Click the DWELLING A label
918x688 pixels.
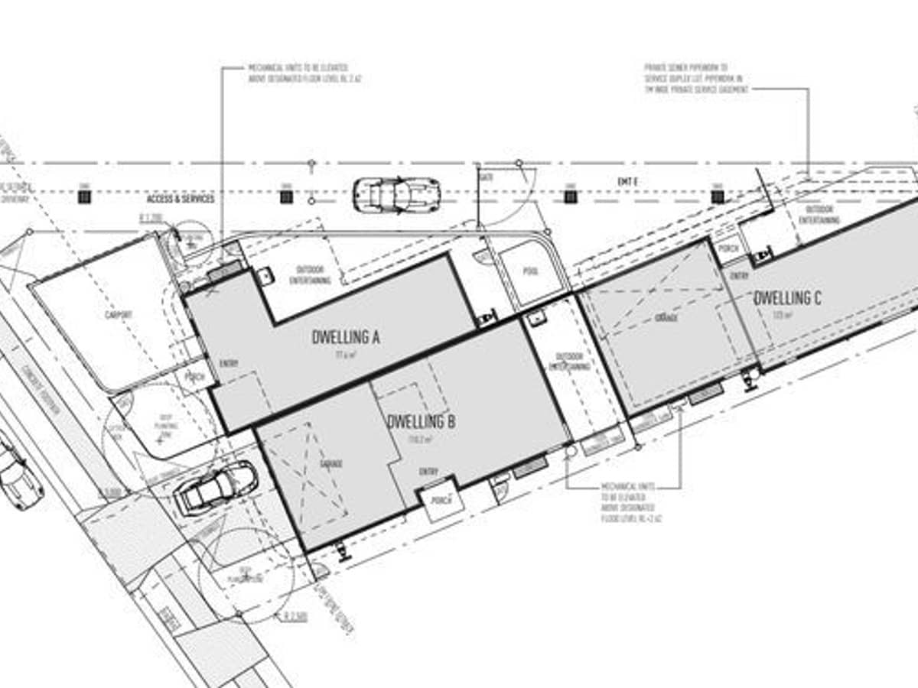pyautogui.click(x=347, y=336)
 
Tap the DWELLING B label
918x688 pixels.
pyautogui.click(x=422, y=421)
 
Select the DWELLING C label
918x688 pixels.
pyautogui.click(x=787, y=298)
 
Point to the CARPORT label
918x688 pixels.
pyautogui.click(x=119, y=314)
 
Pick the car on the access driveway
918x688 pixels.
pyautogui.click(x=396, y=195)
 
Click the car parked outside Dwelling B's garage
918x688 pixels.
pyautogui.click(x=216, y=489)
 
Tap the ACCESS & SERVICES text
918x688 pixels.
pyautogui.click(x=181, y=199)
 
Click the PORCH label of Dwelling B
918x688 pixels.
pyautogui.click(x=439, y=501)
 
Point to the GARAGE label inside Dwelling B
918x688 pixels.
pyautogui.click(x=331, y=464)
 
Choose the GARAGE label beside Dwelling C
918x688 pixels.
pyautogui.click(x=666, y=316)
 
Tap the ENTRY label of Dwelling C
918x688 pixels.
pyautogui.click(x=739, y=276)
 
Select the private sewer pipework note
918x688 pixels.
pyautogui.click(x=695, y=79)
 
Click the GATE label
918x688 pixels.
pyautogui.click(x=487, y=177)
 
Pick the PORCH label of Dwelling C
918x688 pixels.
pyautogui.click(x=728, y=247)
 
